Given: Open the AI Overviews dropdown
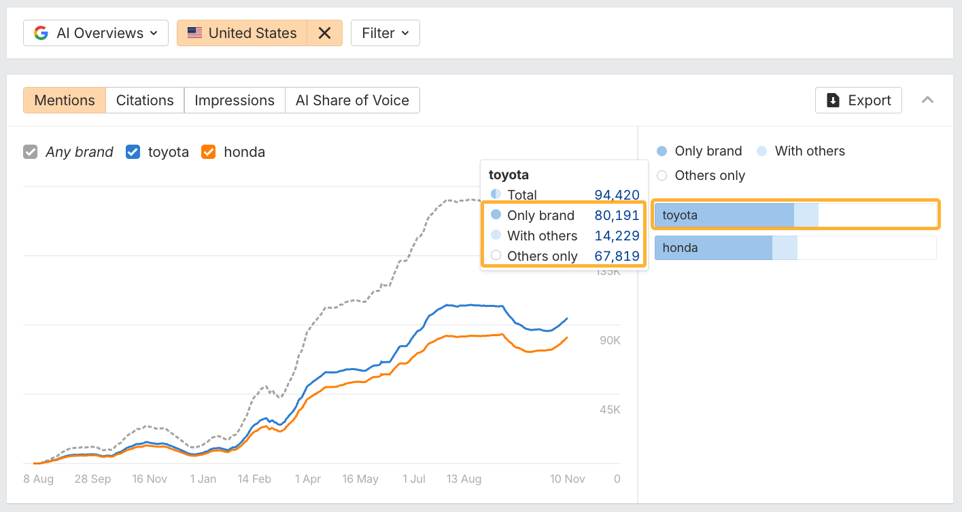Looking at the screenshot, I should click(96, 33).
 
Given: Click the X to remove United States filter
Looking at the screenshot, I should click(324, 33).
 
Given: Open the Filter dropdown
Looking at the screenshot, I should click(385, 33).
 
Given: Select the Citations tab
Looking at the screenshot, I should click(145, 100).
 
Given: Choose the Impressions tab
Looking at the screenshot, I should click(235, 100).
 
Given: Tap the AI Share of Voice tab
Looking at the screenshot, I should click(352, 100).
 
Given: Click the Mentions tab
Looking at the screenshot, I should click(65, 100).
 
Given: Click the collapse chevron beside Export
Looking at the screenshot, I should click(927, 100).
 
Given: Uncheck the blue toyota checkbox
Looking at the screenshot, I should click(133, 152).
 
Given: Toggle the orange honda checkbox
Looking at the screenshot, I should click(209, 152).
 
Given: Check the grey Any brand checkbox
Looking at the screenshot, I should click(30, 152).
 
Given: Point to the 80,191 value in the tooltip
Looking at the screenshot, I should click(617, 215).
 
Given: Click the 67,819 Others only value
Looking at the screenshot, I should click(617, 256).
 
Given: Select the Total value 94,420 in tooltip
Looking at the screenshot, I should click(617, 195).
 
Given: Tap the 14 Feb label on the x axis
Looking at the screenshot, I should click(254, 479).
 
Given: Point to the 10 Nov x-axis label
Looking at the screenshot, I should click(567, 479).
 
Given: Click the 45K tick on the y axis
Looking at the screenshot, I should click(610, 409).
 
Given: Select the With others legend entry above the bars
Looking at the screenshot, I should click(809, 151).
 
